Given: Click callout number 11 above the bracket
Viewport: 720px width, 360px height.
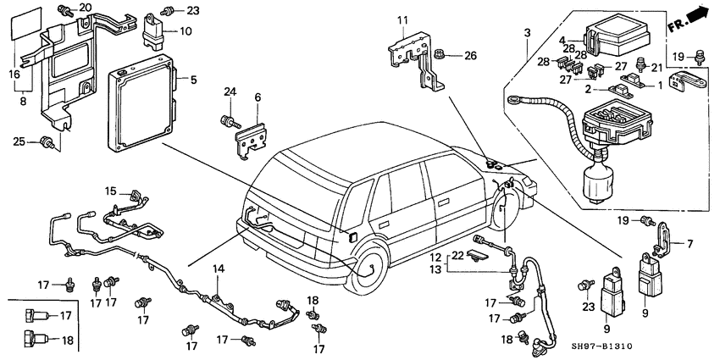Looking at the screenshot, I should coord(404,19).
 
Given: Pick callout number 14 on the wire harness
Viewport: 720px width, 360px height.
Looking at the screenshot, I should coord(218,269).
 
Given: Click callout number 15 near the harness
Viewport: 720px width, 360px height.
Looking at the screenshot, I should coord(110,191).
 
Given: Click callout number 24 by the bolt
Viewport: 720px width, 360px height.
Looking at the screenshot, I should coord(229,91).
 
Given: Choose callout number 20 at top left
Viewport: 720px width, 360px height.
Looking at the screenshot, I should coord(86,8).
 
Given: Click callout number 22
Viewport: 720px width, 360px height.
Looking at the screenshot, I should coord(457,256).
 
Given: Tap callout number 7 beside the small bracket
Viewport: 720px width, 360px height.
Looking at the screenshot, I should coord(690,244).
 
